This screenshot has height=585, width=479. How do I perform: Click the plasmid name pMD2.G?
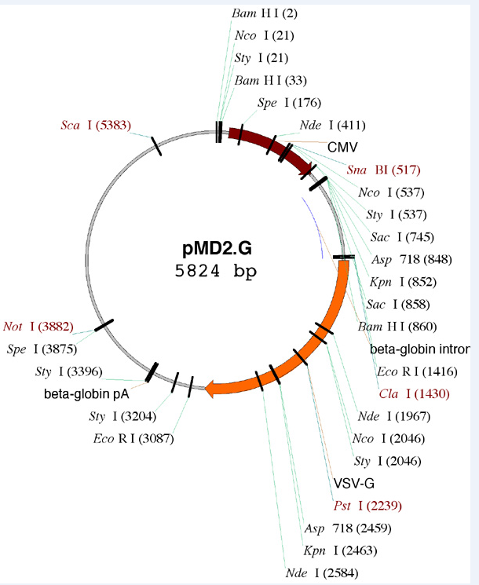pyautogui.click(x=218, y=250)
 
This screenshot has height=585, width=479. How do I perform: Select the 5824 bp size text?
pyautogui.click(x=218, y=271)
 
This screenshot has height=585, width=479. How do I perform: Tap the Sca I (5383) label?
pyautogui.click(x=96, y=125)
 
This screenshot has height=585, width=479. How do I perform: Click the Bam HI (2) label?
pyautogui.click(x=264, y=13)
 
